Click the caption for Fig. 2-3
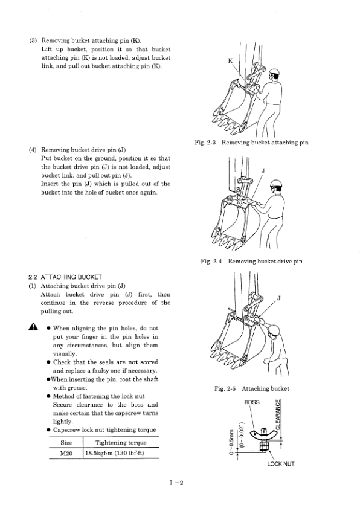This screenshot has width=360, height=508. [x=251, y=143]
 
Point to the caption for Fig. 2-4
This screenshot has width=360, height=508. [x=251, y=261]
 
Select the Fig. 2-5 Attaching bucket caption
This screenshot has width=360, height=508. [x=251, y=388]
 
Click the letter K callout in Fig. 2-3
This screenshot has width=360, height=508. [x=230, y=60]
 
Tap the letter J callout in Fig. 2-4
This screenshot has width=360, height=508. [x=263, y=170]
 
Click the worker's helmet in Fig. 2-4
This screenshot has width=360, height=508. [x=277, y=184]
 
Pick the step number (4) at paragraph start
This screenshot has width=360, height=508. [x=34, y=149]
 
